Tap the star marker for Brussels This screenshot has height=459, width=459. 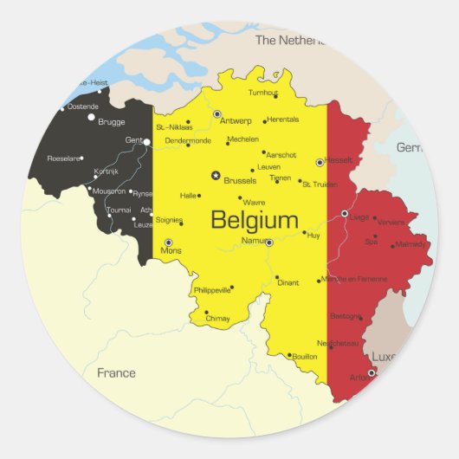[x=216, y=175]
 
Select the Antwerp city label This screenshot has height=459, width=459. [x=237, y=120]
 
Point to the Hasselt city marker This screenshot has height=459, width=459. [x=320, y=162]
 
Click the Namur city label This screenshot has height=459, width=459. [x=255, y=240]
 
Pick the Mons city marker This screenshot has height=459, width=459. [x=168, y=242]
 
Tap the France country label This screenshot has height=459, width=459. [x=116, y=373]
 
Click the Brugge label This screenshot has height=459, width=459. [x=112, y=122]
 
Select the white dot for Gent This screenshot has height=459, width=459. [x=147, y=141]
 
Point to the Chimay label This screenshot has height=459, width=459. [x=218, y=319]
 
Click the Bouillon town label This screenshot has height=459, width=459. [x=305, y=356]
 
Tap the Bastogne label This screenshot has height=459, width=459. [x=346, y=316]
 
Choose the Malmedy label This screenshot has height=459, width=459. [x=411, y=244]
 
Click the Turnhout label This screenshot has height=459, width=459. [x=263, y=93]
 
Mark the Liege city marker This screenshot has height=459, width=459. [x=345, y=213]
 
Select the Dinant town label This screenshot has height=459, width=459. [x=288, y=282]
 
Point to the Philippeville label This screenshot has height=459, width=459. [x=212, y=290]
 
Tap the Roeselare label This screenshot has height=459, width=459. [x=64, y=158]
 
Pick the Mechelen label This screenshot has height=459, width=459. [x=242, y=139]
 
